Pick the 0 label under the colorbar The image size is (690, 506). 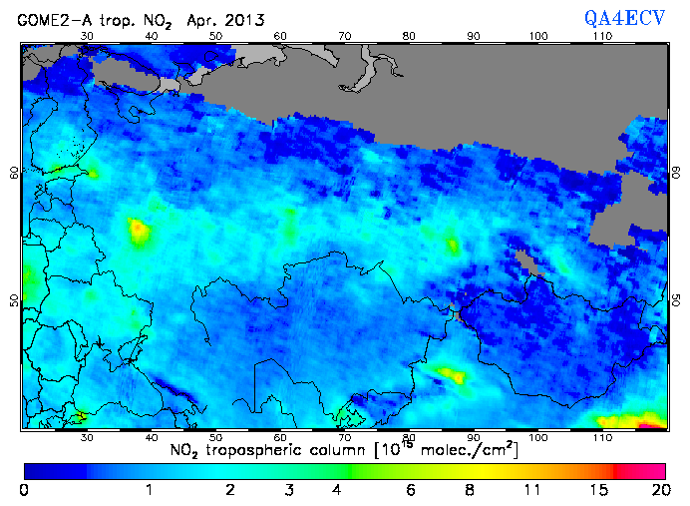click(x=23, y=490)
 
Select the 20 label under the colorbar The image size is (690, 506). click(x=658, y=490)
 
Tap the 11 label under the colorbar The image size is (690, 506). click(x=532, y=490)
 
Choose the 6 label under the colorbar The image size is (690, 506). click(x=410, y=490)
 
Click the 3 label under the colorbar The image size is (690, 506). click(x=287, y=490)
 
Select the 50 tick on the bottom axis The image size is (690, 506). click(x=215, y=437)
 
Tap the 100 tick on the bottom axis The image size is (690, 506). click(x=538, y=437)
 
